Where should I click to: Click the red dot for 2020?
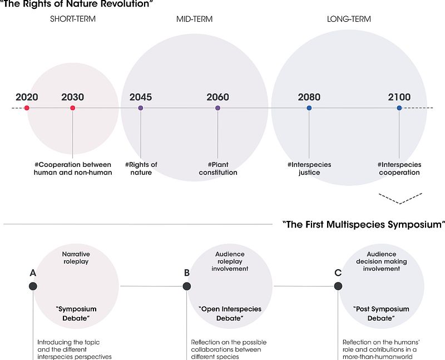point(27,108)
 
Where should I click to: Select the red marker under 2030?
point(73,108)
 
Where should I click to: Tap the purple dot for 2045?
point(141,108)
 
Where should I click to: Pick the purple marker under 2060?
point(217,108)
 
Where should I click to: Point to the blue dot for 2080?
point(309,108)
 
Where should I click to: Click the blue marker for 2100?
point(399,108)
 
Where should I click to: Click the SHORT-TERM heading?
point(73,19)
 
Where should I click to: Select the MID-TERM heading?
point(194,19)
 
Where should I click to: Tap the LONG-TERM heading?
point(349,19)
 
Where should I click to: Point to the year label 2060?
point(217,97)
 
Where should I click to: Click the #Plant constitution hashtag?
point(218,169)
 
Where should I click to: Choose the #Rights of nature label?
point(141,169)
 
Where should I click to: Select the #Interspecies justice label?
point(309,169)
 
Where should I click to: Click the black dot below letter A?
point(33,286)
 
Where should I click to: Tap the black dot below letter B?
point(187,286)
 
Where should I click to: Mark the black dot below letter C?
point(338,286)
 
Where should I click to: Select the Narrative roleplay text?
point(76,258)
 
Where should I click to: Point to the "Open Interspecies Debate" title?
point(230,313)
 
